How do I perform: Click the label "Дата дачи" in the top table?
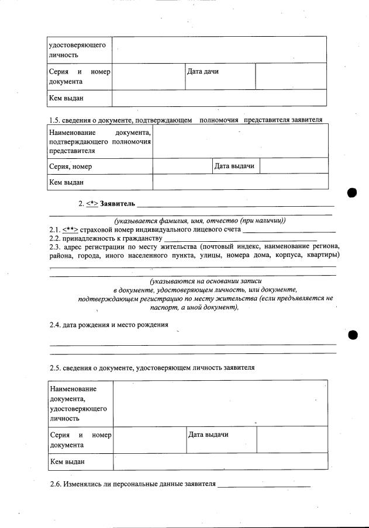click(x=202, y=71)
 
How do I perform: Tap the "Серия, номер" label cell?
click(x=71, y=166)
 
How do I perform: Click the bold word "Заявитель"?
click(x=118, y=204)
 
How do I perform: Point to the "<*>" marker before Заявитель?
click(x=92, y=204)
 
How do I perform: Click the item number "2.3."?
click(x=56, y=247)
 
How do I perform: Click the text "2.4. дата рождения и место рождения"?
click(x=109, y=325)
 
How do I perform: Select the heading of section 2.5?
click(x=152, y=368)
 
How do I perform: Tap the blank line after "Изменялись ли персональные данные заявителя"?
click(x=264, y=485)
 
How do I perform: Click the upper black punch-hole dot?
click(x=352, y=193)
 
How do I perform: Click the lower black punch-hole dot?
click(x=352, y=335)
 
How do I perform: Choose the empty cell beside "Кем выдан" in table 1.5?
click(x=240, y=182)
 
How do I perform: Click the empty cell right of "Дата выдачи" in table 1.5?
click(x=294, y=166)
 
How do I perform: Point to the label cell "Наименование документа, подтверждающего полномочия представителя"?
click(x=100, y=143)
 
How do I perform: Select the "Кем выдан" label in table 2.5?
click(x=67, y=462)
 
